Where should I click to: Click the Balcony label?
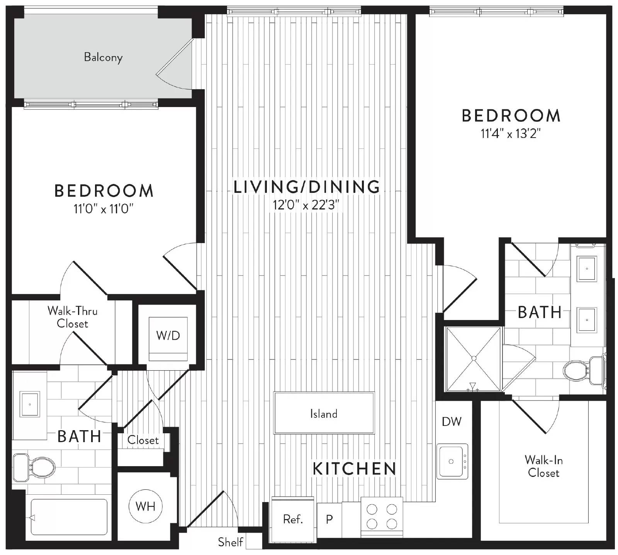(x=103, y=57)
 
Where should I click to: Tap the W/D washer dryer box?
(x=168, y=335)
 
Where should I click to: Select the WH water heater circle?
(x=145, y=506)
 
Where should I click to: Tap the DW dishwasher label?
(x=452, y=421)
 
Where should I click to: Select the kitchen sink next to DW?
(x=452, y=461)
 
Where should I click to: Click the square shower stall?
(x=474, y=359)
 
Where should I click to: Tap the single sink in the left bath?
(x=30, y=404)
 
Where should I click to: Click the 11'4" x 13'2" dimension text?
(x=510, y=134)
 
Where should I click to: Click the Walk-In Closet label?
(x=543, y=466)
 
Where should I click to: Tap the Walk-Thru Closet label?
(x=72, y=317)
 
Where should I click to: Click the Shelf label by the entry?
(x=230, y=542)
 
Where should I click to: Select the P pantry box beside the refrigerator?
(x=329, y=519)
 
